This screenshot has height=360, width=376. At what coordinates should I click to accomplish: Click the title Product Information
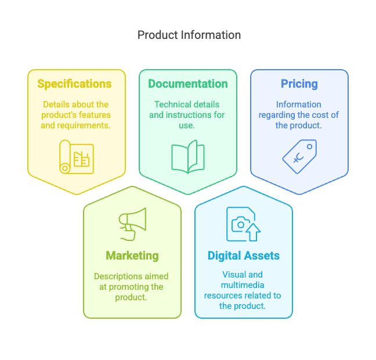point(189,35)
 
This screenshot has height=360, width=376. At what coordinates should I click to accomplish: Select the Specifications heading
point(74,84)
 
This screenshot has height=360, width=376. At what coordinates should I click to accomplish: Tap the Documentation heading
point(187,84)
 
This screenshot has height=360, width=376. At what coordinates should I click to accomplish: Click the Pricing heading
point(299,84)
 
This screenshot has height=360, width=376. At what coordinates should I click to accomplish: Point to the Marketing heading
point(132,255)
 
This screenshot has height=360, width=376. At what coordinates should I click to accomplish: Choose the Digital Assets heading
point(243,255)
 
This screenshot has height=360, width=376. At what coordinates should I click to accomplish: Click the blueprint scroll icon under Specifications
point(76,156)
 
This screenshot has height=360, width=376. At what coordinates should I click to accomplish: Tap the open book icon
point(187,156)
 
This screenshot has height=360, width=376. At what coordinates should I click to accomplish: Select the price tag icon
point(299,156)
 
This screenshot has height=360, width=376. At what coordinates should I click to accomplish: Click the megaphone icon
point(132,224)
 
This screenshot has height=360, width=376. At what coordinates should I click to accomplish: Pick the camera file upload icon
point(243,224)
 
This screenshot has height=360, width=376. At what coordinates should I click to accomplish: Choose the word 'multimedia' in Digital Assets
point(243,285)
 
